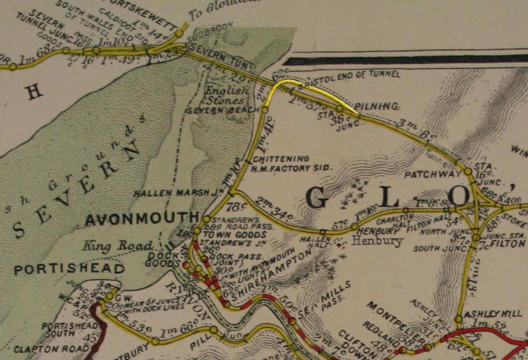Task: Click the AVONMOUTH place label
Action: coord(141,219)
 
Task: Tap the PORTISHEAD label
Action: coord(69,269)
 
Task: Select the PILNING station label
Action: coord(382,106)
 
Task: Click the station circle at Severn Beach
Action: coord(265,110)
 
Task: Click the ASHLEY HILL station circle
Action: coord(458,318)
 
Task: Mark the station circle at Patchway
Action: coord(467,172)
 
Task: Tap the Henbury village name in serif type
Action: coord(376,241)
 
